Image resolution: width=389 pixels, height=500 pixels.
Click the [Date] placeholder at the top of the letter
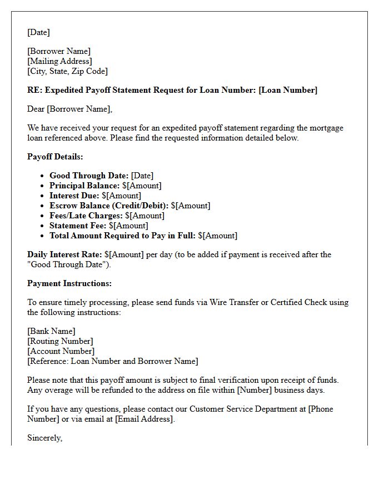pyautogui.click(x=38, y=32)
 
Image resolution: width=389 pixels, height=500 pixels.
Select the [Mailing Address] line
pyautogui.click(x=59, y=61)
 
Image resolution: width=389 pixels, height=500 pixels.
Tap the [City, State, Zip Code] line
pyautogui.click(x=67, y=71)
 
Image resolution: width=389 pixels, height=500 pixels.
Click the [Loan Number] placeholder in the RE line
pyautogui.click(x=288, y=90)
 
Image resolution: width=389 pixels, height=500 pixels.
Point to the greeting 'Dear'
pyautogui.click(x=36, y=109)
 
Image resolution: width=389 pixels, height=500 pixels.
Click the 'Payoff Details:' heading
pyautogui.click(x=55, y=157)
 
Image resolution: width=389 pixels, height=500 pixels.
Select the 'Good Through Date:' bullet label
pyautogui.click(x=89, y=176)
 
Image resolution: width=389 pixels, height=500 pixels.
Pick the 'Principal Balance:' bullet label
pyautogui.click(x=84, y=186)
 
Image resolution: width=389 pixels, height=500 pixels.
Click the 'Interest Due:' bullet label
pyautogui.click(x=74, y=196)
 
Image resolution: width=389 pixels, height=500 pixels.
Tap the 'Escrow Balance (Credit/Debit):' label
pyautogui.click(x=109, y=206)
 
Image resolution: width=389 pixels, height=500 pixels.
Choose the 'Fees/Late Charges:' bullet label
pyautogui.click(x=86, y=216)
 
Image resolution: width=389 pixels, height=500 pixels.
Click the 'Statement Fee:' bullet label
pyautogui.click(x=78, y=226)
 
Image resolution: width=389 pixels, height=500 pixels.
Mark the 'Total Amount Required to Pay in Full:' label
pyautogui.click(x=122, y=236)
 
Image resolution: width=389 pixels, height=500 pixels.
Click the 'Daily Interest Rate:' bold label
pyautogui.click(x=64, y=254)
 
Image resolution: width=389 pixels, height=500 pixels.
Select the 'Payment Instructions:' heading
pyautogui.click(x=69, y=283)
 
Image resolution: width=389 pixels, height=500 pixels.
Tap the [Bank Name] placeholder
pyautogui.click(x=51, y=331)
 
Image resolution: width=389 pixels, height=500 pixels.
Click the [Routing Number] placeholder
pyautogui.click(x=60, y=341)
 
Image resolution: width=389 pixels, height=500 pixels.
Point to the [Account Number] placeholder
pyautogui.click(x=61, y=351)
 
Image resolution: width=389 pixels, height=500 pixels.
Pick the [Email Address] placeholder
pyautogui.click(x=144, y=419)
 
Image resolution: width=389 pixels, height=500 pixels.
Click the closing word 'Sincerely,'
pyautogui.click(x=44, y=438)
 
